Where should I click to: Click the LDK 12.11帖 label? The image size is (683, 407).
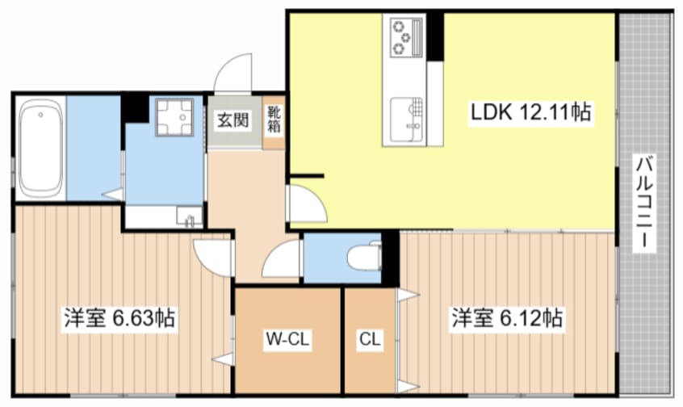click(530, 112)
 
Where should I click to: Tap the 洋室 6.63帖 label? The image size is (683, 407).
click(119, 318)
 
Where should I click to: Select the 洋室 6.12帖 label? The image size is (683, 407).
click(506, 318)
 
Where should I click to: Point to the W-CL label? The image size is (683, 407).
click(287, 338)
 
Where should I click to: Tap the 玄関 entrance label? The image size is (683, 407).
click(233, 120)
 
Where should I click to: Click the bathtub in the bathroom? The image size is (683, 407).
click(40, 148)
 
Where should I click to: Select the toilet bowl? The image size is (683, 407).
click(364, 257)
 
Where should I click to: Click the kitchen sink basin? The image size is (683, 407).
click(406, 120)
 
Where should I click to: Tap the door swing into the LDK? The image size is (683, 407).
click(307, 204)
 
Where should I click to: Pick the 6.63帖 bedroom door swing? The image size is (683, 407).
click(213, 257)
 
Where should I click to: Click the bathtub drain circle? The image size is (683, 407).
click(40, 115)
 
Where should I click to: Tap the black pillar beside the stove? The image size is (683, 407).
click(435, 36)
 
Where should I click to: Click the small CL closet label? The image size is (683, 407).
click(371, 338)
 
